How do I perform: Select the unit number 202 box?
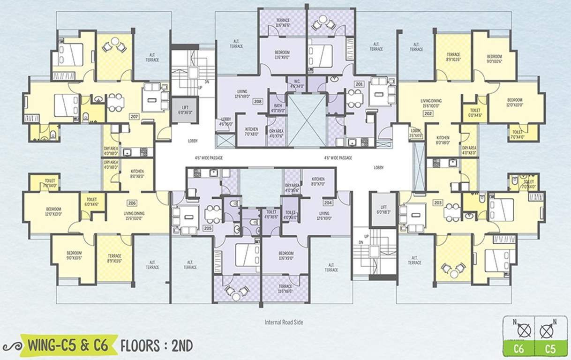pyautogui.click(x=428, y=113)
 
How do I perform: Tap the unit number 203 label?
pyautogui.click(x=438, y=202)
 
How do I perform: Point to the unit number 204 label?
pyautogui.click(x=328, y=203)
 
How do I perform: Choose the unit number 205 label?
pyautogui.click(x=207, y=228)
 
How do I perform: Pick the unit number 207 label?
pyautogui.click(x=135, y=116)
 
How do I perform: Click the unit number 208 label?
pyautogui.click(x=257, y=101)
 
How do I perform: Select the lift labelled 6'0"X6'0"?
pyautogui.click(x=184, y=111)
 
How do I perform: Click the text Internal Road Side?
pyautogui.click(x=285, y=322)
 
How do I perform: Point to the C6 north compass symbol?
pyautogui.click(x=524, y=331)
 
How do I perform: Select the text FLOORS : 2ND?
pyautogui.click(x=157, y=346)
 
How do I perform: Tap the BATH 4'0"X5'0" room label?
pyautogui.click(x=278, y=108)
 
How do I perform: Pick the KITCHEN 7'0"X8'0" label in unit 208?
pyautogui.click(x=251, y=131)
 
